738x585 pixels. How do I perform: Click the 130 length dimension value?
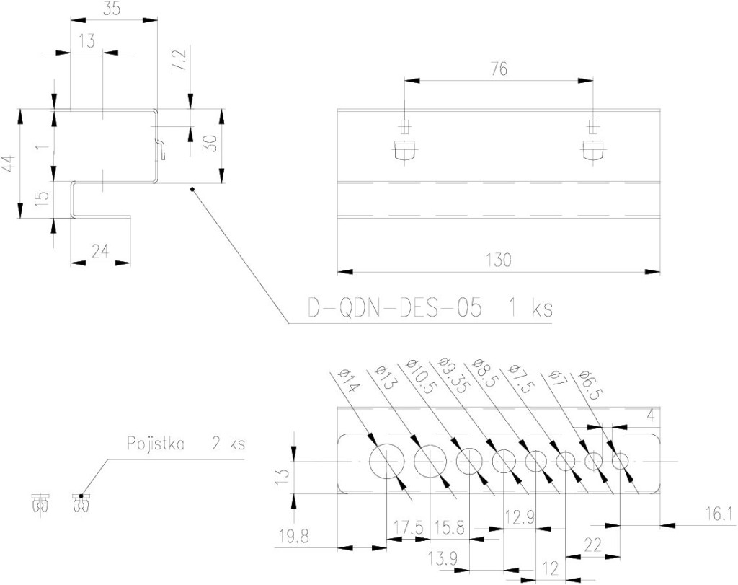(499, 260)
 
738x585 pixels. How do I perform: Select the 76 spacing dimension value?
(499, 69)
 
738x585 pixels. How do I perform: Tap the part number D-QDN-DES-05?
(395, 309)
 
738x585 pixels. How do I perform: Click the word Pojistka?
(156, 443)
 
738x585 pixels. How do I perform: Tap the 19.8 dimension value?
(293, 537)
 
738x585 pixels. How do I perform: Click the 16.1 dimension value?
(720, 514)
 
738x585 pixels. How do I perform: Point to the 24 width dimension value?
(100, 251)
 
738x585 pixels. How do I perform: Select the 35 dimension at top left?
(112, 10)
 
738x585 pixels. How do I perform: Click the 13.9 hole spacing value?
(443, 559)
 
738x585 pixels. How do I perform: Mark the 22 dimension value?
(593, 545)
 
